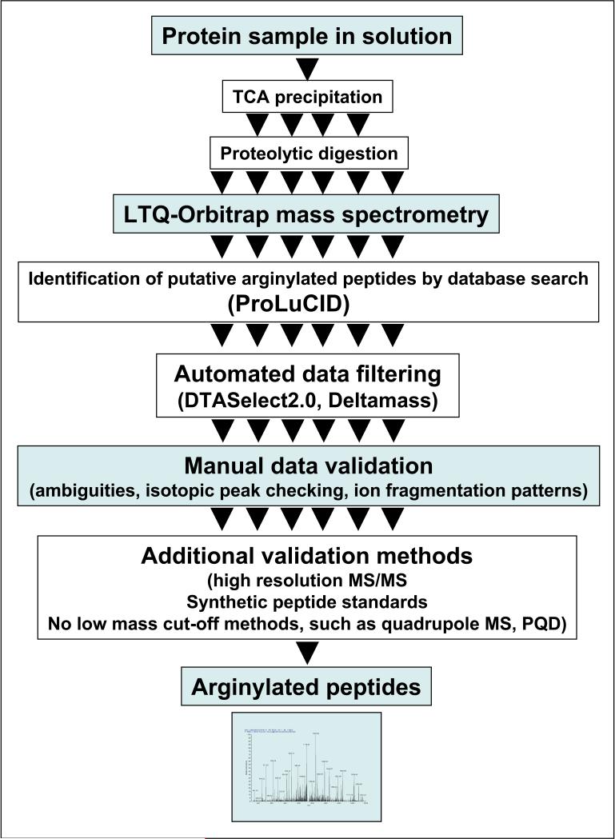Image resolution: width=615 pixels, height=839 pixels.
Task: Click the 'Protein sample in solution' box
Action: [306, 37]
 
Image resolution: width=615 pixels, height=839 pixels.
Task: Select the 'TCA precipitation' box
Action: [306, 97]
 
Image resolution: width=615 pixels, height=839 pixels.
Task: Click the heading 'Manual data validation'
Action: [308, 466]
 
